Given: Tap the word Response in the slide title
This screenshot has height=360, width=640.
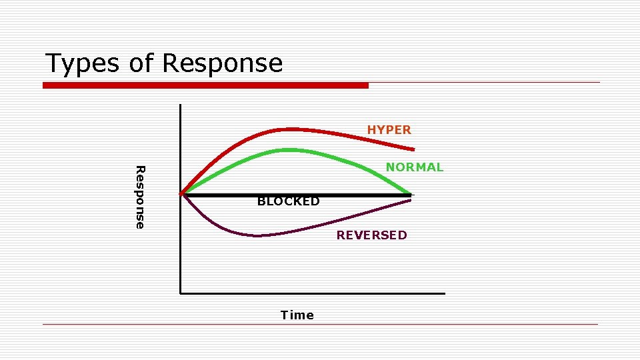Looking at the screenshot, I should [222, 64].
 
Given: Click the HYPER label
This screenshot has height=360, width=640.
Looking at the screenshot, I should [389, 130].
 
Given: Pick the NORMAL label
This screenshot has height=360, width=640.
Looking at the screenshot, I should [414, 167].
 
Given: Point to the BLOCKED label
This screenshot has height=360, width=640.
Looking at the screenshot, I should [288, 201].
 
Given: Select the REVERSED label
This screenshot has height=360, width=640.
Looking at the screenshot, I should [371, 235].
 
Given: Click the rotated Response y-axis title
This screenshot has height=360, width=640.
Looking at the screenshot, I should [139, 197].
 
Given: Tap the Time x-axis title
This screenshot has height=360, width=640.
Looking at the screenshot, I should [297, 315].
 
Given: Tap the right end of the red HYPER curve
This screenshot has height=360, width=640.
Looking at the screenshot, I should [413, 149].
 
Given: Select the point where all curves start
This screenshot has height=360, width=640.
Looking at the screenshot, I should [182, 194].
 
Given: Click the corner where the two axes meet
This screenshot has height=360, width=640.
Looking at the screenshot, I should [180, 293].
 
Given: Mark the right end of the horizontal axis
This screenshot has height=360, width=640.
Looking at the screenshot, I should [443, 293].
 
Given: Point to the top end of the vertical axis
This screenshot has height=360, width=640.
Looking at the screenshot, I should [180, 105].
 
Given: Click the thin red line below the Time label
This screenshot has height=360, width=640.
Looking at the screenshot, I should [320, 325].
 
